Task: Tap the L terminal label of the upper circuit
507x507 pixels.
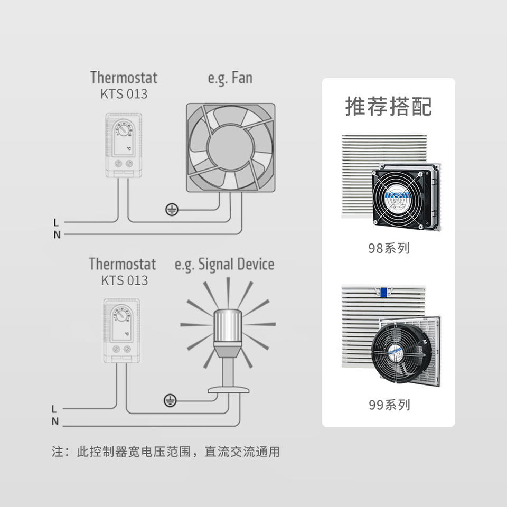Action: [56, 222]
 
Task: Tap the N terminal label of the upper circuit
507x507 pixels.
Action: [57, 235]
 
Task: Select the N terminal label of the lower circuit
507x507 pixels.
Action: [55, 421]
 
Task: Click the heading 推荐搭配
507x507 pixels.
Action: [388, 106]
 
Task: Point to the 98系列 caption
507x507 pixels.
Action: [389, 248]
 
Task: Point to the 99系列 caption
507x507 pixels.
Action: [389, 405]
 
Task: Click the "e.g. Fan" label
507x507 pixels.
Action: [230, 78]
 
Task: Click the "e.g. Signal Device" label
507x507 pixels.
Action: [224, 264]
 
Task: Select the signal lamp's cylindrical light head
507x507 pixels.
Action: [228, 327]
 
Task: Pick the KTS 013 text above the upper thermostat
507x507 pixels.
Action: [124, 94]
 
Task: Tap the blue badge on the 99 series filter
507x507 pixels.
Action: [384, 291]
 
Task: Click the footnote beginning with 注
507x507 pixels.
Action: [165, 452]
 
